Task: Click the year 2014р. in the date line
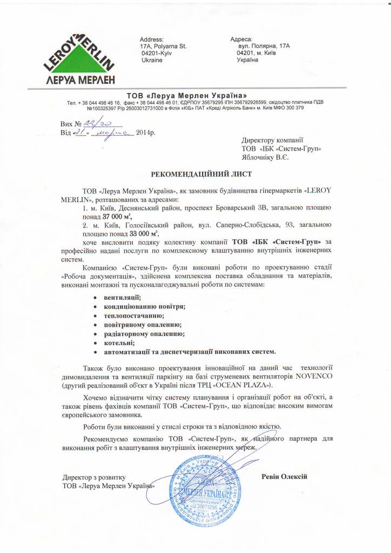coord(145,132)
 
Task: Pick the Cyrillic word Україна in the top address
coord(247,60)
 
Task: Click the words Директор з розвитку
coord(94,477)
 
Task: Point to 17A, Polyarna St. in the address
coord(163,47)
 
